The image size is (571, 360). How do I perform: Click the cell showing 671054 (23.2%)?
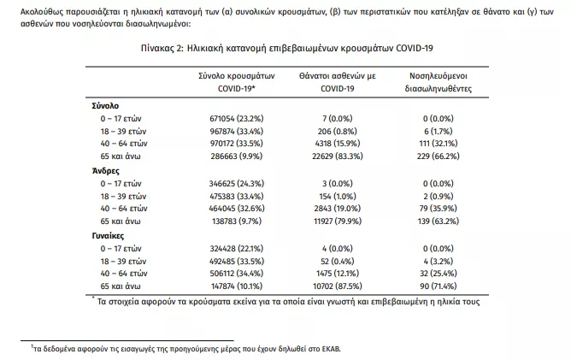tap(236, 119)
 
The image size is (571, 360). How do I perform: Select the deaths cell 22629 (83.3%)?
tap(338, 156)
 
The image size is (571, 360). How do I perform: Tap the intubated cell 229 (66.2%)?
tap(439, 156)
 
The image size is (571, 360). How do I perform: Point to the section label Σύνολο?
tap(105, 106)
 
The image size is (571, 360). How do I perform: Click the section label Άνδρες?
tap(106, 171)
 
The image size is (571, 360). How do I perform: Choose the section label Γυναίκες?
tap(108, 236)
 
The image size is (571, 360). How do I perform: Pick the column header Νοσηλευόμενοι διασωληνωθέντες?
tap(439, 82)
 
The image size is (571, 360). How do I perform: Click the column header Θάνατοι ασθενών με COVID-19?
tap(338, 82)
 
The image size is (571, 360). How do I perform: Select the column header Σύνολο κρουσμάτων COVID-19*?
tap(236, 82)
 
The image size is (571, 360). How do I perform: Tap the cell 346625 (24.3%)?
tap(236, 184)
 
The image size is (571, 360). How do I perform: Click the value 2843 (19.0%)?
tap(338, 209)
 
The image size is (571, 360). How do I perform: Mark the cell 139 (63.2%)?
tap(439, 221)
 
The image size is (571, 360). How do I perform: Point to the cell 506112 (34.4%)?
tap(236, 274)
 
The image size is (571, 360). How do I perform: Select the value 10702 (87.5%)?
tap(338, 286)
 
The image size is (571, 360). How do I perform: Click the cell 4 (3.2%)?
tap(439, 262)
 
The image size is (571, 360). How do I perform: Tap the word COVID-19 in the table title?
tap(415, 48)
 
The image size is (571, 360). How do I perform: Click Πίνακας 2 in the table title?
tap(162, 48)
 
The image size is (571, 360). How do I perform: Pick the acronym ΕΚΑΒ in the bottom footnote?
tap(332, 349)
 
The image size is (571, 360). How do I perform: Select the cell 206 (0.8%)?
tap(338, 132)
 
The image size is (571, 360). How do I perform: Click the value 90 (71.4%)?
tap(439, 286)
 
